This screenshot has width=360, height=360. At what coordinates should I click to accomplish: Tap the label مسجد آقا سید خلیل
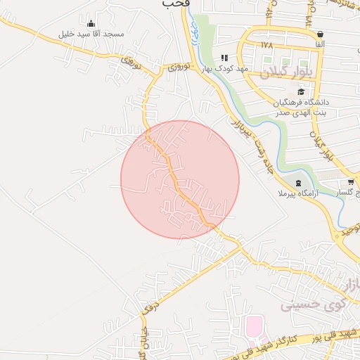coord(92,34)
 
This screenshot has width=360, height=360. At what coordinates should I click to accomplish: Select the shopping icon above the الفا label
coord(321,34)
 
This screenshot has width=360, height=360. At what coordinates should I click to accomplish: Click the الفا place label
coord(320,44)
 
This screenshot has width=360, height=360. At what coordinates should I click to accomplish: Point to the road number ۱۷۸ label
coord(266,44)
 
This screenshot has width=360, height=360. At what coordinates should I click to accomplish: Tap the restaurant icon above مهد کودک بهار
coord(224,58)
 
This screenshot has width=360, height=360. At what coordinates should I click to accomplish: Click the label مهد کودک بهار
coord(224,68)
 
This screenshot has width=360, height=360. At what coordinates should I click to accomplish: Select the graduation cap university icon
coord(302,91)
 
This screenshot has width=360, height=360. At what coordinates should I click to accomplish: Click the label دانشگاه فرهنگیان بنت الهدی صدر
coord(302,107)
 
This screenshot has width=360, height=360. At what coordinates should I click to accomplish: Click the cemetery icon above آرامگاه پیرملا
coord(299,183)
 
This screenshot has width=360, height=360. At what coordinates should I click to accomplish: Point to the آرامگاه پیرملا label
coord(299,193)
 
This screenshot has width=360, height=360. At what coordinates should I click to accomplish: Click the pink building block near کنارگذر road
coord(253,326)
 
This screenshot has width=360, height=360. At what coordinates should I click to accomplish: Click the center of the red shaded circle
coord(180,179)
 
